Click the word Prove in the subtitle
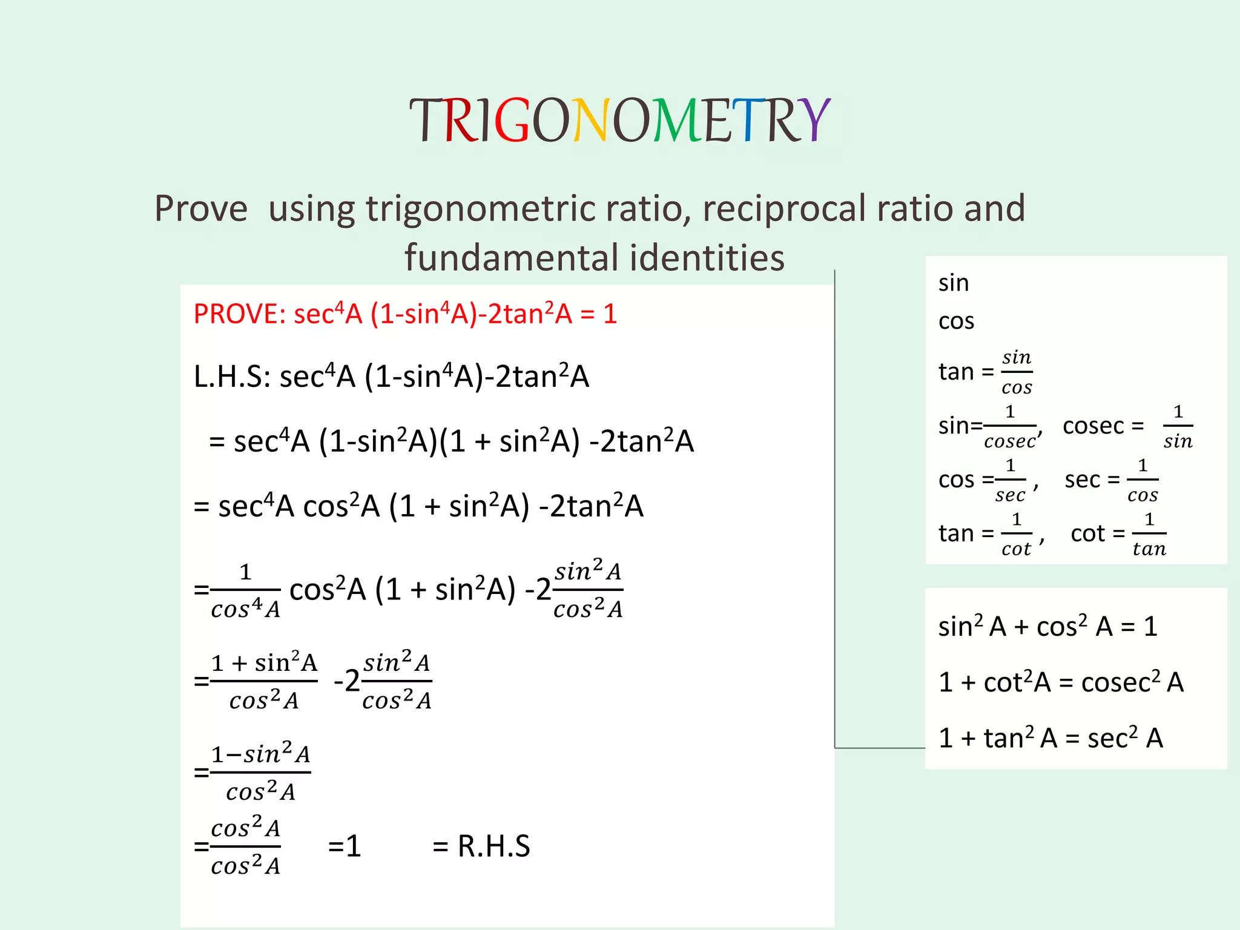coord(201,209)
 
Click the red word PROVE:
coord(240,314)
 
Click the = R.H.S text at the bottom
coord(481,846)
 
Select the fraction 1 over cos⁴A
coord(245,590)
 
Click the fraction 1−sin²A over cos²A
coord(260,773)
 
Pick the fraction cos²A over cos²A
coord(245,846)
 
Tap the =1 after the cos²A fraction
coord(345,846)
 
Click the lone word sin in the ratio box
coord(954,283)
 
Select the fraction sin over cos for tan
coord(1017,372)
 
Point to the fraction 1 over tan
coord(1149,534)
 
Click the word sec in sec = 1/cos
coord(1082,480)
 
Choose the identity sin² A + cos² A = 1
coord(1047,627)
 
